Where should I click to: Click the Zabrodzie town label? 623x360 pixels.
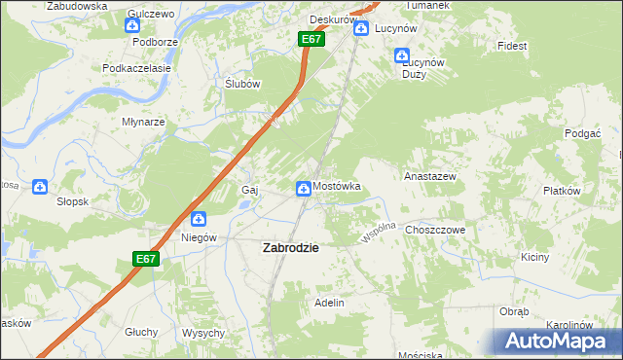(290, 248)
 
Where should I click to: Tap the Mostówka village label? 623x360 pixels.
(337, 186)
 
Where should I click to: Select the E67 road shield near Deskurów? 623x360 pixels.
(311, 39)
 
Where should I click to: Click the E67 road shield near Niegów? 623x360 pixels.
(145, 259)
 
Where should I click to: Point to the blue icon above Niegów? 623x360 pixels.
(198, 220)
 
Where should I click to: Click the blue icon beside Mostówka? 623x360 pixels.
(304, 187)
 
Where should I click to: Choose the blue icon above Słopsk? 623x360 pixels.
(40, 186)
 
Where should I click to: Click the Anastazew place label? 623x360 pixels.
(429, 177)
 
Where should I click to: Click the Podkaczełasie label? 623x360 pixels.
(137, 69)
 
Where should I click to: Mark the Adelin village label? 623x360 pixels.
(329, 304)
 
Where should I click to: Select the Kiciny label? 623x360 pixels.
(535, 258)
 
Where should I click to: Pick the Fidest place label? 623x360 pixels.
(511, 46)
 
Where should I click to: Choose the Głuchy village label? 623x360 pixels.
(141, 332)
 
